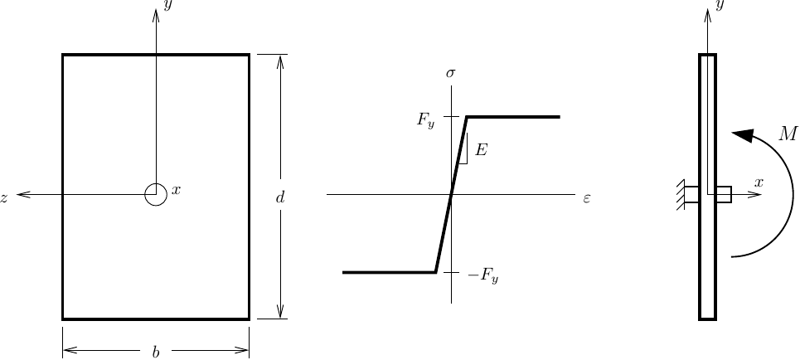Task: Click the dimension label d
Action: pyautogui.click(x=280, y=197)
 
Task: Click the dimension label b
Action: pyautogui.click(x=155, y=352)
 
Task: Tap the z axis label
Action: pyautogui.click(x=5, y=197)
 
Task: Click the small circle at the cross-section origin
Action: pyautogui.click(x=155, y=194)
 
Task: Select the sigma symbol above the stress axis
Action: pyautogui.click(x=451, y=74)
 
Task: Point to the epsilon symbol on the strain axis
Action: pyautogui.click(x=586, y=198)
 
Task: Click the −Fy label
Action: pyautogui.click(x=482, y=276)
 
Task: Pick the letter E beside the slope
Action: pyautogui.click(x=481, y=151)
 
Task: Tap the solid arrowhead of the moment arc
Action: pyautogui.click(x=742, y=135)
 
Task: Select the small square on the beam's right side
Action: pyautogui.click(x=724, y=194)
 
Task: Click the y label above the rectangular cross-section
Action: pyautogui.click(x=167, y=6)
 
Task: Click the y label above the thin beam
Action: pyautogui.click(x=720, y=6)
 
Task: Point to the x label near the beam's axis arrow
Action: pyautogui.click(x=758, y=182)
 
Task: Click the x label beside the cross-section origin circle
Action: pyautogui.click(x=175, y=191)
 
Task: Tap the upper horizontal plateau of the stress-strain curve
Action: pyautogui.click(x=514, y=117)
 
